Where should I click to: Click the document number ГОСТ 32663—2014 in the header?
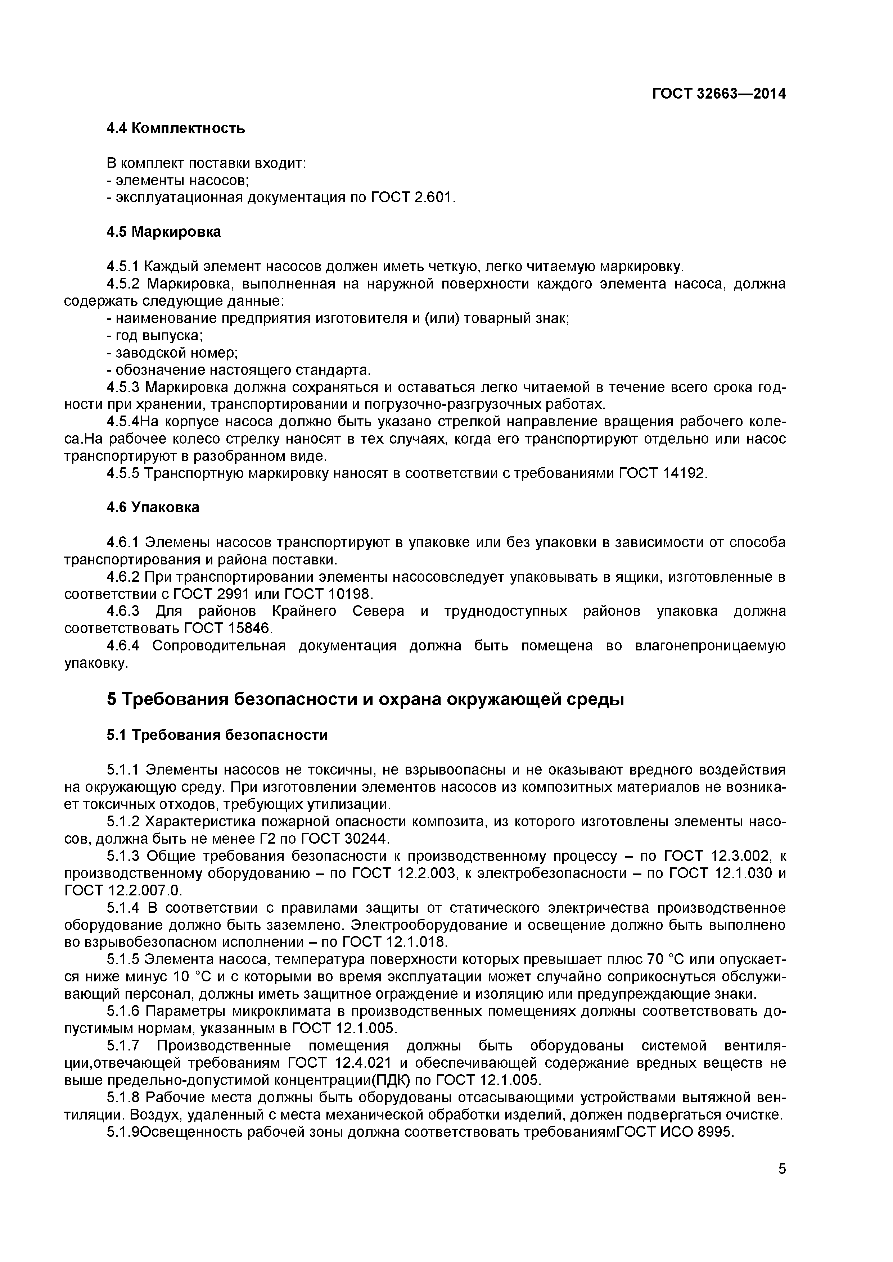tap(719, 94)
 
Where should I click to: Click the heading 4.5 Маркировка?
tap(163, 232)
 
